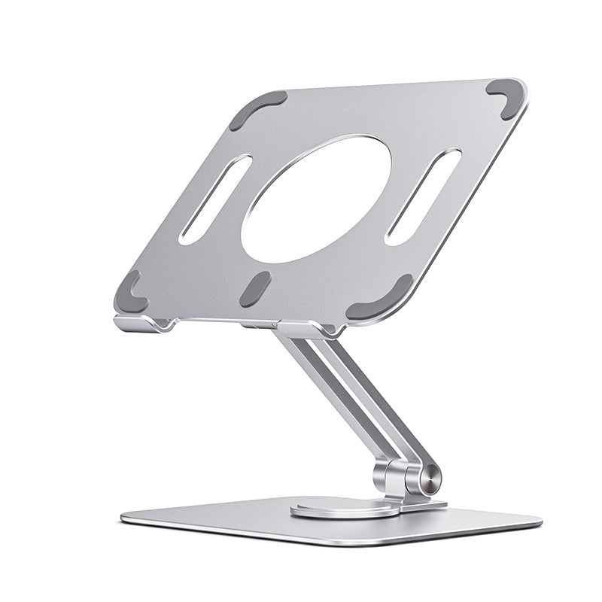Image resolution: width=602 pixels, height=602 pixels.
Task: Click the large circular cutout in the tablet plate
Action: (316, 199)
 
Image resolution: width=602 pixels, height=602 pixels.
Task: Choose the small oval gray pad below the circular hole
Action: (255, 289)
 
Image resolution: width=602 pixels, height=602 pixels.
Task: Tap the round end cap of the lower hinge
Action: (431, 479)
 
